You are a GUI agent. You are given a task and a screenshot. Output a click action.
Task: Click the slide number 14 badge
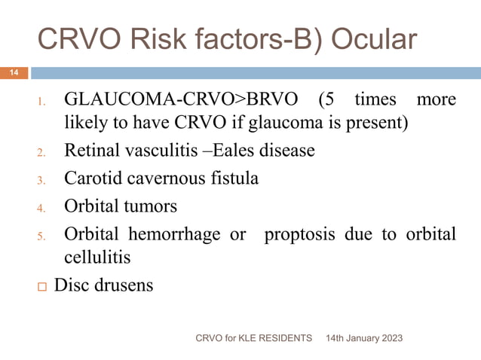(14, 73)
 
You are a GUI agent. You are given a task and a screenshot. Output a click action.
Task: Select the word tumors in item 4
(153, 206)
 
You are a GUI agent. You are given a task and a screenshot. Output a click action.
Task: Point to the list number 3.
(42, 181)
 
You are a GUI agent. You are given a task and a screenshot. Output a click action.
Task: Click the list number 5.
(42, 236)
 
